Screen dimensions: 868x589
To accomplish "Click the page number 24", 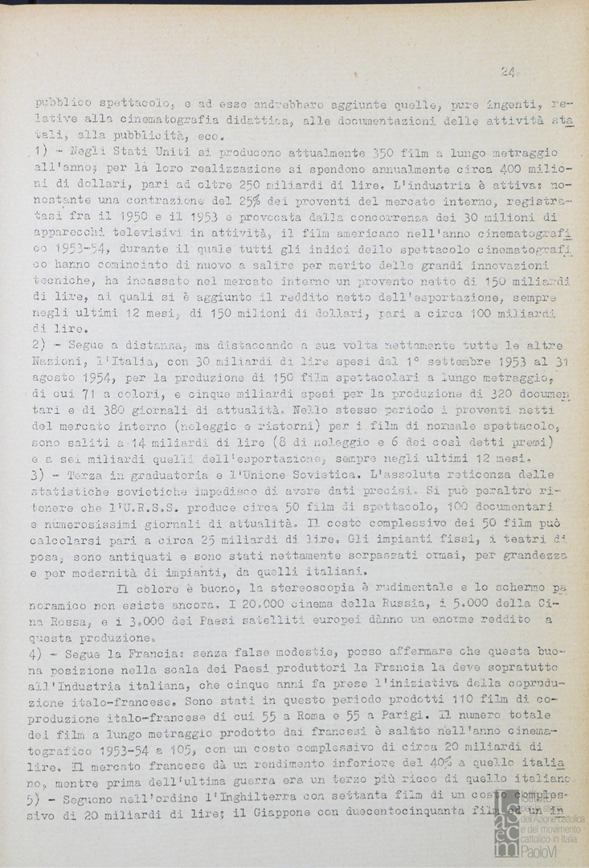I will pyautogui.click(x=507, y=72).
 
